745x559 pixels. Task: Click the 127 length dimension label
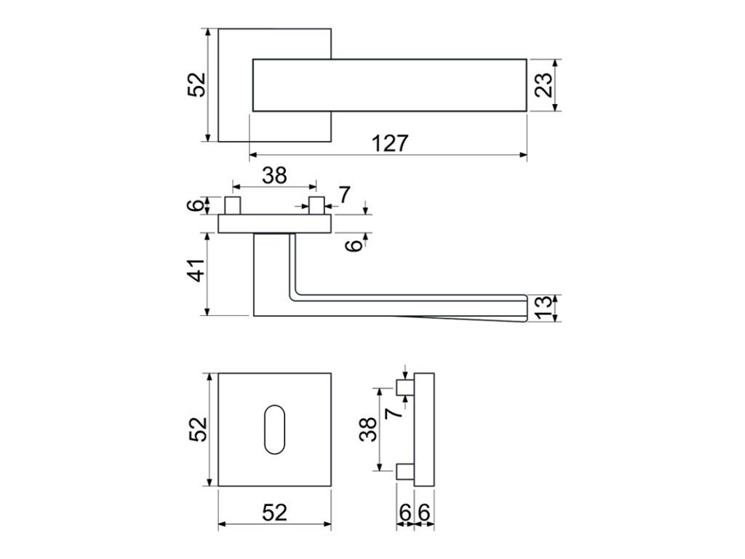pyautogui.click(x=390, y=143)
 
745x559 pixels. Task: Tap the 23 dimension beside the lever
pyautogui.click(x=543, y=85)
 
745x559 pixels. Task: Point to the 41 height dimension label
pyautogui.click(x=196, y=270)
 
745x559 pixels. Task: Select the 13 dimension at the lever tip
pyautogui.click(x=545, y=306)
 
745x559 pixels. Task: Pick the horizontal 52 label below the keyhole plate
pyautogui.click(x=274, y=512)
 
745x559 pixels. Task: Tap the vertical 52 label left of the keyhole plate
pyautogui.click(x=198, y=429)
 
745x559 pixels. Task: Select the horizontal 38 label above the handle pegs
pyautogui.click(x=274, y=175)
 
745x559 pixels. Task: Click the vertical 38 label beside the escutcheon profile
pyautogui.click(x=368, y=429)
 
